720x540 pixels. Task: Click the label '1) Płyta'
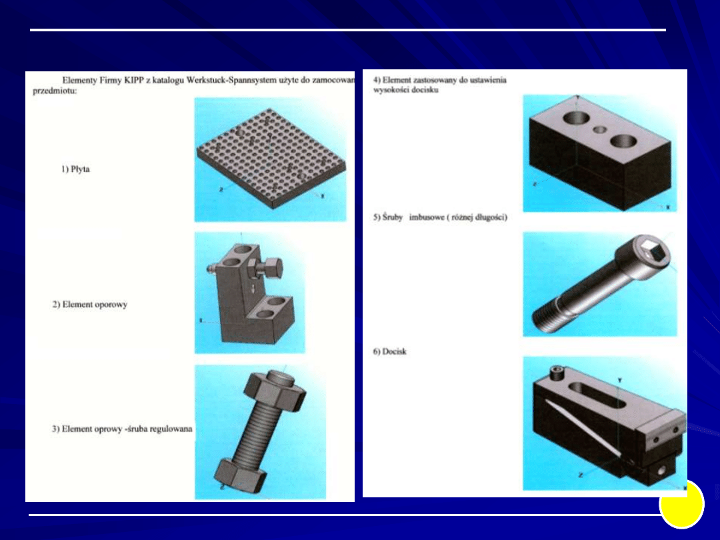coord(76,169)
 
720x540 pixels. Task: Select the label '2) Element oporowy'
coord(89,305)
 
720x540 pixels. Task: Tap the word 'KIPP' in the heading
coord(133,80)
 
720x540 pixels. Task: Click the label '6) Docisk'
coord(389,351)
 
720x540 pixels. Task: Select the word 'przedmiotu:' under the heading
coord(55,91)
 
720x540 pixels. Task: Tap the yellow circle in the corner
coord(682,504)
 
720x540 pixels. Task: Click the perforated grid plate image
coord(271,158)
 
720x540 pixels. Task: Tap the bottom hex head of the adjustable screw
coord(240,475)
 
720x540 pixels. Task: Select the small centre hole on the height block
coord(599,130)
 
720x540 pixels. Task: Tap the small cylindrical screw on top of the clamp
coord(555,373)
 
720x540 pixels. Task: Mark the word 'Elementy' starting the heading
coord(79,80)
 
